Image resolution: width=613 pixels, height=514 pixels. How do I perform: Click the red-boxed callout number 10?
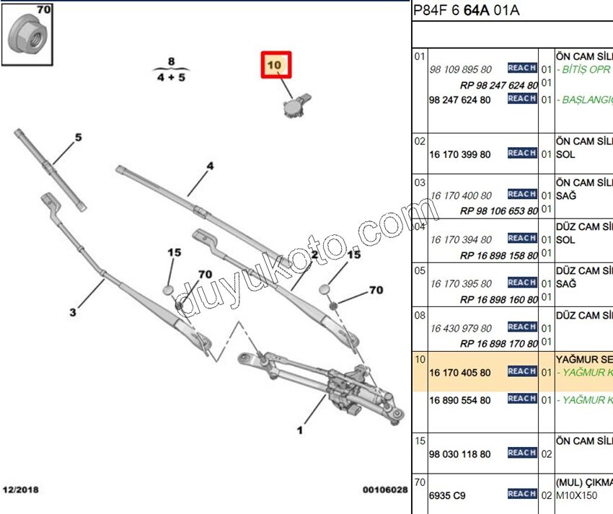point(275,66)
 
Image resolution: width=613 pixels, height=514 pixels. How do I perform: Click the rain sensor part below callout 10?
point(294,105)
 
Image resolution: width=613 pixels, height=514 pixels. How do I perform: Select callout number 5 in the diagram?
point(79,138)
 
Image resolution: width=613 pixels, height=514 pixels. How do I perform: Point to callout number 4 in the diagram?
point(210,167)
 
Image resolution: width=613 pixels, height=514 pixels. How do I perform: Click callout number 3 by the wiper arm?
point(73,312)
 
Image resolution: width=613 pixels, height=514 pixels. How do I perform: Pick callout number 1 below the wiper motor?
point(299,430)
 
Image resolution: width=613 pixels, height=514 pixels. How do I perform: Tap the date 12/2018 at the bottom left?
point(20,490)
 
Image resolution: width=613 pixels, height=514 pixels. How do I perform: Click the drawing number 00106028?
point(384,490)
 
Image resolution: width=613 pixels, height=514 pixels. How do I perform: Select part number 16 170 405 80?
point(459,373)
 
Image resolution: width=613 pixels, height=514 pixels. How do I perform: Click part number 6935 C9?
point(447,495)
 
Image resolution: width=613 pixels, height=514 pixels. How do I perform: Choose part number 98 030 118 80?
point(459,454)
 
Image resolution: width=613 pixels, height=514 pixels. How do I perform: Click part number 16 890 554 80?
point(459,400)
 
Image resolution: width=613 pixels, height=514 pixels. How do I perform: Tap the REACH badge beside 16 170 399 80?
point(521,153)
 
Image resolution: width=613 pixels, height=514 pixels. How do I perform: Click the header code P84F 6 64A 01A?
point(466,10)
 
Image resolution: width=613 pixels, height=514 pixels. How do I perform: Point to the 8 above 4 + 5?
point(171,61)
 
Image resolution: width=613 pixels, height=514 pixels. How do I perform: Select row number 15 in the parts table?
point(420,440)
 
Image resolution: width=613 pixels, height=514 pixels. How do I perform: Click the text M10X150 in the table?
point(576,495)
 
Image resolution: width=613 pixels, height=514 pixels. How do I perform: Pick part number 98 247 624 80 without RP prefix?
point(459,99)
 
